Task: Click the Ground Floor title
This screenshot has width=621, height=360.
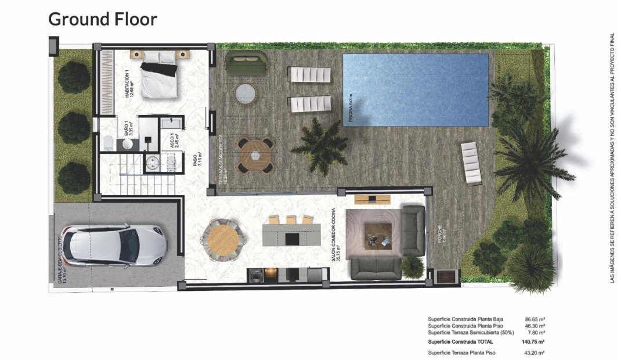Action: pos(103,19)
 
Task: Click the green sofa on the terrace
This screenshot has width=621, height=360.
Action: pos(245,63)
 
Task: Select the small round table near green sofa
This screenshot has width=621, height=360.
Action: pos(245,93)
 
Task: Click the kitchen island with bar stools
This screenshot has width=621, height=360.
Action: pos(290,234)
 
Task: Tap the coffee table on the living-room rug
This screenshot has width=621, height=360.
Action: pos(376,236)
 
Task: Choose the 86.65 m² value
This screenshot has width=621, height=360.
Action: pos(533,319)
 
